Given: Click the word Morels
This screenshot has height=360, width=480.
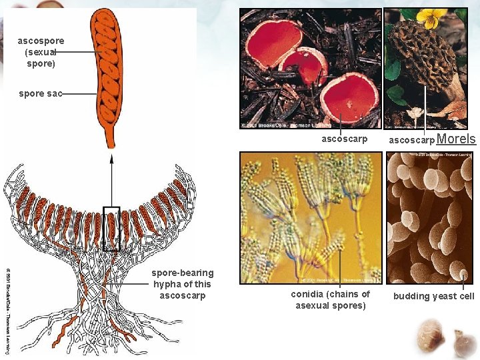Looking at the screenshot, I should pyautogui.click(x=457, y=139).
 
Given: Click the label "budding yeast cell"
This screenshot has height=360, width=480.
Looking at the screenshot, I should pyautogui.click(x=434, y=296).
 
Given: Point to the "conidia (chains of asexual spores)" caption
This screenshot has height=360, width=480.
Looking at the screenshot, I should pyautogui.click(x=331, y=300).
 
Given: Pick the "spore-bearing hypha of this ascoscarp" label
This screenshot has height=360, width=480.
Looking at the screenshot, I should pyautogui.click(x=182, y=284).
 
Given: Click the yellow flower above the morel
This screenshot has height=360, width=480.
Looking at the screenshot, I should pyautogui.click(x=433, y=18).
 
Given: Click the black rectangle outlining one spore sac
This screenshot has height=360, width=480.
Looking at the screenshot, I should pyautogui.click(x=111, y=229).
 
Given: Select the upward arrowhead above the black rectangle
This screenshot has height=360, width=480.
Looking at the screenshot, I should pyautogui.click(x=111, y=159).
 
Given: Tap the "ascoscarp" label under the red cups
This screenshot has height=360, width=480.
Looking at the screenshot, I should pyautogui.click(x=344, y=139).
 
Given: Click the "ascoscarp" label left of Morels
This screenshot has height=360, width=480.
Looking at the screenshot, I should pyautogui.click(x=411, y=140).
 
